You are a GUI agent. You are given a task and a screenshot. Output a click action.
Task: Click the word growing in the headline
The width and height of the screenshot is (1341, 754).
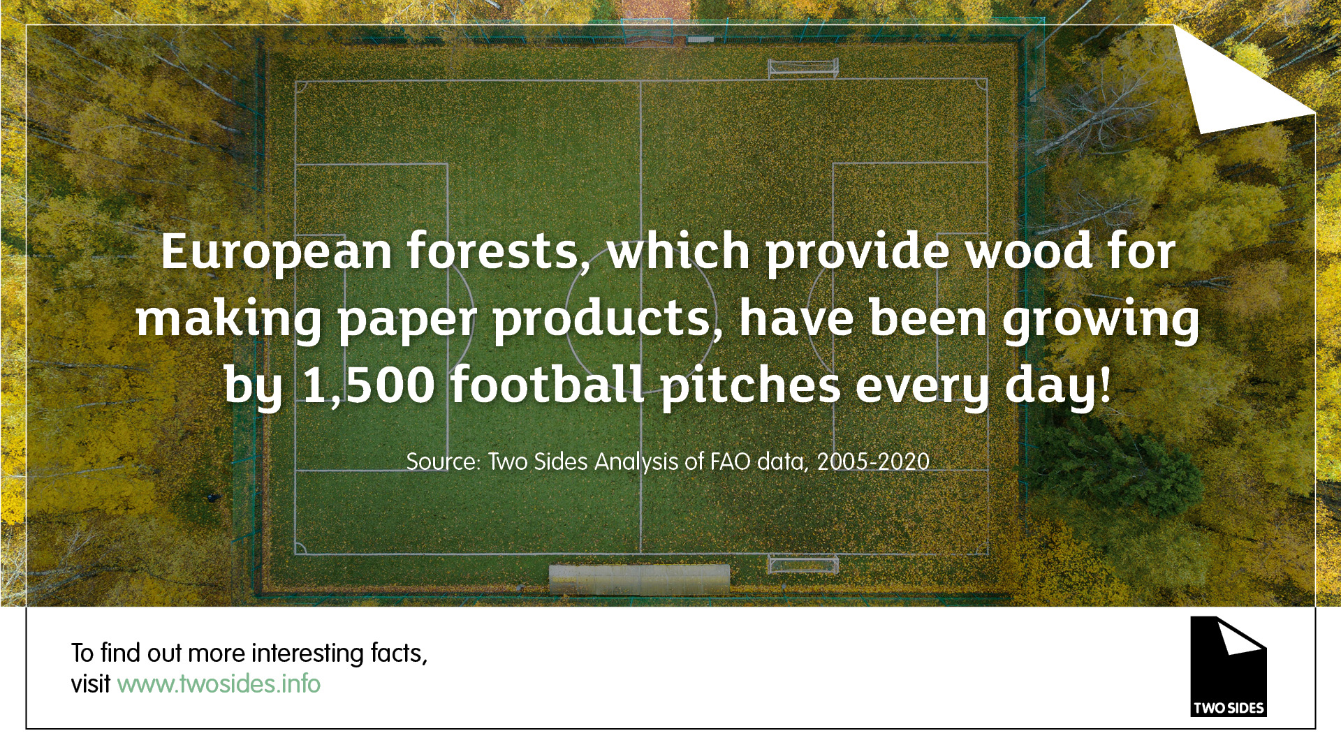coord(1101,320)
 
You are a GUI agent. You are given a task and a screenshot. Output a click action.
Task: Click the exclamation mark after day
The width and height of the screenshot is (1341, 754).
coord(1104,384)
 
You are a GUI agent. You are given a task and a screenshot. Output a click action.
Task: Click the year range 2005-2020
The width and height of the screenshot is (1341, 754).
coord(873,461)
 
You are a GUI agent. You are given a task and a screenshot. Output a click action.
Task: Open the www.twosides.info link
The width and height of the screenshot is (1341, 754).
coord(219,683)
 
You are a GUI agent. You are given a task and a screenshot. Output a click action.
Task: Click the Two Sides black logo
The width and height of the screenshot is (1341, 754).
coord(1228,666)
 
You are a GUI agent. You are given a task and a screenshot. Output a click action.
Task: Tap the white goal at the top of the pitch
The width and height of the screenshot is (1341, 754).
coord(803,68)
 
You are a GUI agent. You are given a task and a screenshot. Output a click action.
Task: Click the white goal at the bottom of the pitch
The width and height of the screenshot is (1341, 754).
coord(803,563)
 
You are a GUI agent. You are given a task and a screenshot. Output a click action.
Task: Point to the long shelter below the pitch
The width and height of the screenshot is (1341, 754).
coord(639,579)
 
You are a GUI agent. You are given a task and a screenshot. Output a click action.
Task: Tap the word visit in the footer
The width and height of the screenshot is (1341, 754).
coord(91,683)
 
